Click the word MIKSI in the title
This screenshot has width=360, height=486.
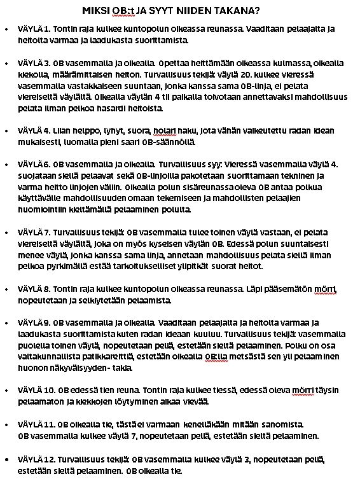[x=95, y=11]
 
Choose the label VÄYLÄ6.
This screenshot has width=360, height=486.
[x=33, y=163]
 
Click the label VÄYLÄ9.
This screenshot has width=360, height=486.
[x=33, y=322]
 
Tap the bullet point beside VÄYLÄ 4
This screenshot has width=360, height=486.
[x=6, y=130]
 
